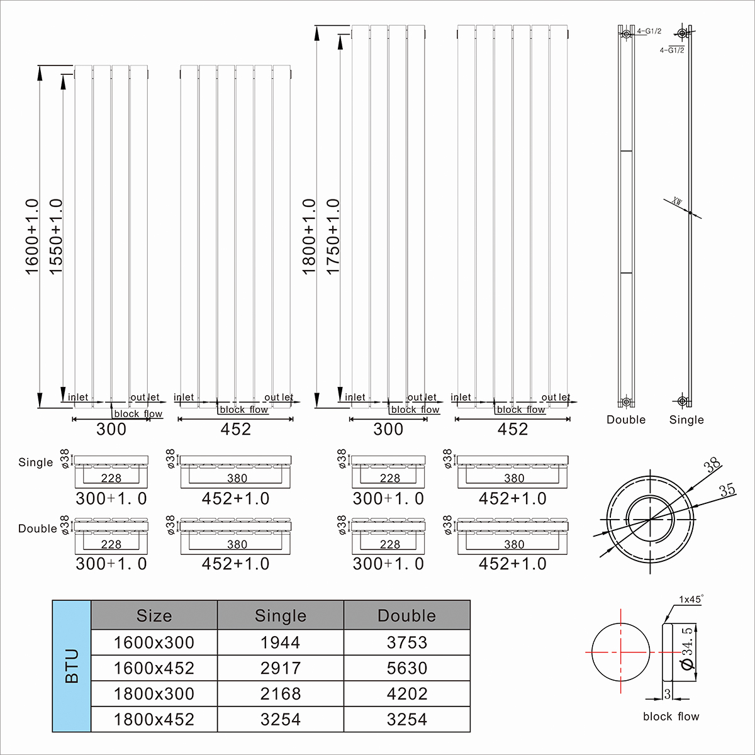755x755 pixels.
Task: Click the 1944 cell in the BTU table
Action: coord(281,642)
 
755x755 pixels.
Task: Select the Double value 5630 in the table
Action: coord(407,668)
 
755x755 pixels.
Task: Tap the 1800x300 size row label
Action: coord(154,694)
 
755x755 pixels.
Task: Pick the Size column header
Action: coord(154,615)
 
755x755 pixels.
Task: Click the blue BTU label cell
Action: coord(72,666)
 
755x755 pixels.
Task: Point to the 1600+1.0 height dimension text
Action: coord(32,237)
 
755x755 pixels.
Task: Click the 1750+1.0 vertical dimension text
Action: coord(333,237)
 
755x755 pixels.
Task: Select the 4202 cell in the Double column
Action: coord(407,694)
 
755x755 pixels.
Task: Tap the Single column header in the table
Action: coord(281,615)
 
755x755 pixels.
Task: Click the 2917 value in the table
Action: coord(281,668)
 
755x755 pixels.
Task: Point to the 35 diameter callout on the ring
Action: coord(727,490)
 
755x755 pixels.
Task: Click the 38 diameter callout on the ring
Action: coord(712,466)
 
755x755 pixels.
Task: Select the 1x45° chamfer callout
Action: coord(690,599)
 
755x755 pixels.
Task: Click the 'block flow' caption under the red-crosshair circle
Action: coord(671,717)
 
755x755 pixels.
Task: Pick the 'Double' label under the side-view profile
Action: coord(626,420)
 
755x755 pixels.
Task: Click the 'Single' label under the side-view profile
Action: coord(686,420)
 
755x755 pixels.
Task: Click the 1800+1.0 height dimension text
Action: coord(309,237)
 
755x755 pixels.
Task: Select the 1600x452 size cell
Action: coord(154,668)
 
